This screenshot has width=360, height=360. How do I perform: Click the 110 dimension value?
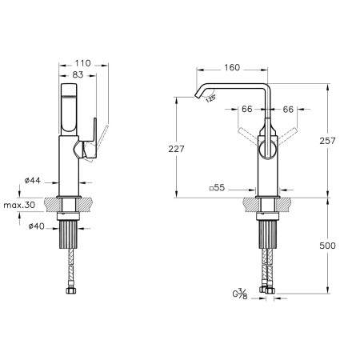[82, 63]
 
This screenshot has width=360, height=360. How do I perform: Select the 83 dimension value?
[78, 75]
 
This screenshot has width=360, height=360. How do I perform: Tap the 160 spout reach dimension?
[232, 68]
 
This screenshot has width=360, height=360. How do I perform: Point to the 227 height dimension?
[176, 149]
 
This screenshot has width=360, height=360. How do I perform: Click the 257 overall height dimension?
[327, 141]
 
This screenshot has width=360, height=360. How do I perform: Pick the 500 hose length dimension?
[327, 246]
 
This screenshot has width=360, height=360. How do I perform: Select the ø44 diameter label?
[33, 181]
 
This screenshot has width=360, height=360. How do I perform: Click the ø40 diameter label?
[37, 226]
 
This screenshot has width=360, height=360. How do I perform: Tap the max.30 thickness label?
[19, 205]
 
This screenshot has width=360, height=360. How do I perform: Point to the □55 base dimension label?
[217, 188]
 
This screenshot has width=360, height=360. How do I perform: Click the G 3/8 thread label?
[240, 294]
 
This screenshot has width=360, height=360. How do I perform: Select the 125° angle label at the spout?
[210, 98]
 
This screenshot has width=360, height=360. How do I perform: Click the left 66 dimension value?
[247, 109]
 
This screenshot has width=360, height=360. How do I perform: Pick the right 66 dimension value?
[288, 109]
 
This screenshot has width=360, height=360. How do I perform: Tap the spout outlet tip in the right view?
[198, 96]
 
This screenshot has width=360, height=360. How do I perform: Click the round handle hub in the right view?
[267, 149]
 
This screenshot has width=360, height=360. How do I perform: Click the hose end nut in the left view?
[71, 290]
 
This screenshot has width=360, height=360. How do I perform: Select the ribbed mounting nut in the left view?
[68, 234]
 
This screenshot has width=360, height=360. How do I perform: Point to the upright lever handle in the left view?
[92, 138]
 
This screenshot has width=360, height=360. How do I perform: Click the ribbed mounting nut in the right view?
[268, 234]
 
